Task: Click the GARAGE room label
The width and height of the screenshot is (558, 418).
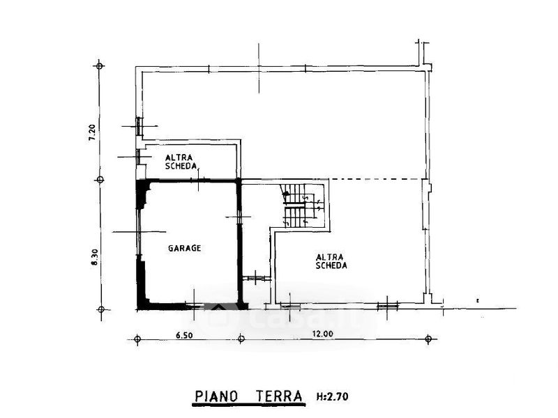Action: (184, 248)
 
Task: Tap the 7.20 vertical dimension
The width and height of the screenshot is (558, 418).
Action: (92, 132)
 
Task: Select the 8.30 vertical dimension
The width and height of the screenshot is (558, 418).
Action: (94, 256)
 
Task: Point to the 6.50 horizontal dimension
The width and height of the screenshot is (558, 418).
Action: (184, 335)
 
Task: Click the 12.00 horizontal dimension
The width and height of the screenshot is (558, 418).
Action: (323, 334)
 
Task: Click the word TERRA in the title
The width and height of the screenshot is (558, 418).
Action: (280, 396)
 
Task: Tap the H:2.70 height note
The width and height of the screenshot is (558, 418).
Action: (332, 396)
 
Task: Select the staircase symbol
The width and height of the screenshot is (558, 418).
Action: (303, 206)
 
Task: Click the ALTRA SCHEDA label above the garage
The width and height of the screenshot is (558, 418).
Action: (181, 162)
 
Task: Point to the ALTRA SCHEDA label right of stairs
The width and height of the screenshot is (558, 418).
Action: (331, 261)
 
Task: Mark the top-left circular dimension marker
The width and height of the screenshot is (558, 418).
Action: (99, 65)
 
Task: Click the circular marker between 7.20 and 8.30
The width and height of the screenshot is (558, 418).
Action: (100, 180)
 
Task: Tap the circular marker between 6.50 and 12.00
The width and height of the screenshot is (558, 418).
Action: (241, 339)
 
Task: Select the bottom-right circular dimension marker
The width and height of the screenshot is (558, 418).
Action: (428, 339)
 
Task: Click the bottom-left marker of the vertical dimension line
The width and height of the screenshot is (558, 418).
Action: (101, 309)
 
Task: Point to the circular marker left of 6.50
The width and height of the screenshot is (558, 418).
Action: (137, 339)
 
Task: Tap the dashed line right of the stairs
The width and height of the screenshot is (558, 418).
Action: (377, 179)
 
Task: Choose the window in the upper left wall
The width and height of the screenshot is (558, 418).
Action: (138, 126)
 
